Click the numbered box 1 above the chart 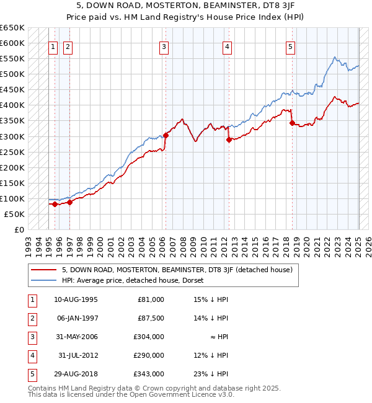point(53,46)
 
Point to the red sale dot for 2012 point(229,139)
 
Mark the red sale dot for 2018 point(292,123)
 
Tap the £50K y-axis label point(14,214)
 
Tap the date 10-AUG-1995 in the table point(76,299)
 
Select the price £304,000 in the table point(149,337)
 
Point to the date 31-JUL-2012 point(77,355)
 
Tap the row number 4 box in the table point(32,355)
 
